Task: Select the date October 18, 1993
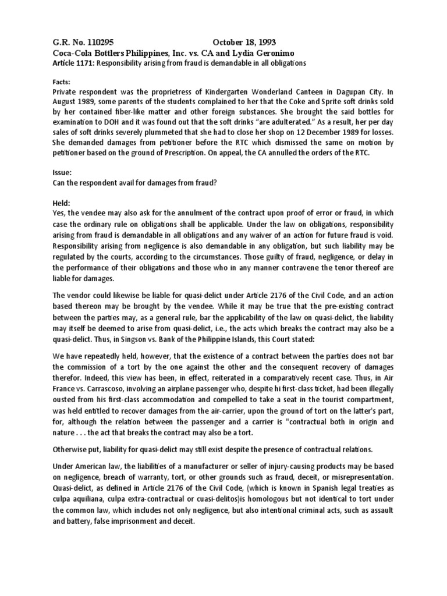click(x=244, y=42)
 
